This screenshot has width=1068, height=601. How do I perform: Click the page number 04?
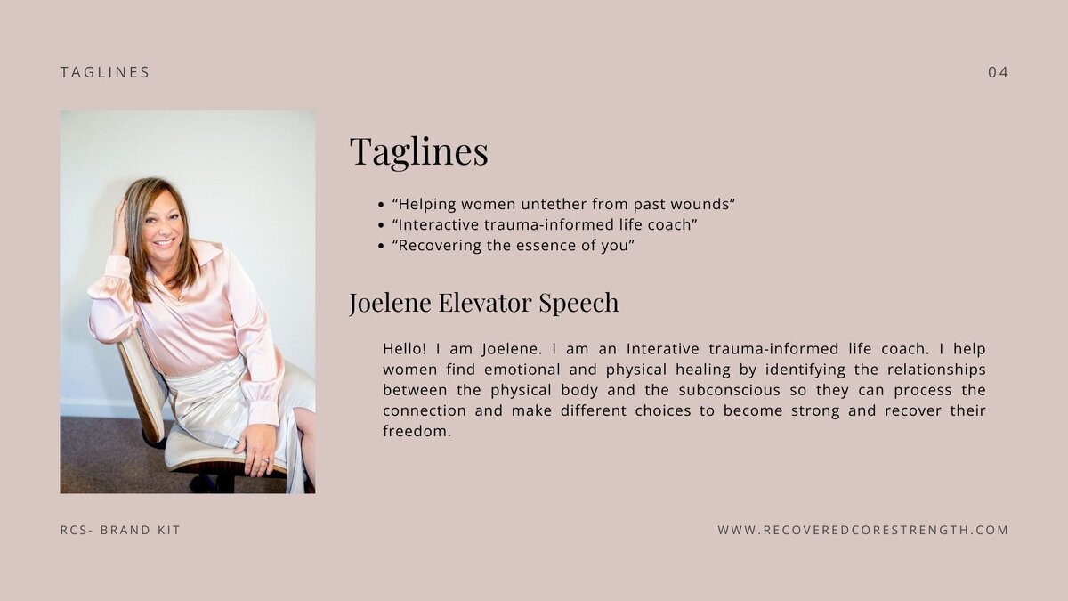tap(998, 72)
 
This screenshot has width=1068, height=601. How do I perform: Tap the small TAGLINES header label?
tap(105, 72)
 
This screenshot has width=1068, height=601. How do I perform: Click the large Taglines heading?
tap(419, 151)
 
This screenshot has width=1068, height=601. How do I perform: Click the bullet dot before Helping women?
tap(381, 205)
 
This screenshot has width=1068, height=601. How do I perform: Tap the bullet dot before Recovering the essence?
tap(381, 246)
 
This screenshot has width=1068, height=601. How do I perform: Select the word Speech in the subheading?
tap(578, 303)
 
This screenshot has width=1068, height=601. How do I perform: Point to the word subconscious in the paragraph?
tap(730, 390)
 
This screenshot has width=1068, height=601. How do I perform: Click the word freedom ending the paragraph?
tap(416, 431)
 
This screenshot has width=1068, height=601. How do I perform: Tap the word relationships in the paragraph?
tap(936, 370)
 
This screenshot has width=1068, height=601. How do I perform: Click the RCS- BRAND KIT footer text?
tap(120, 530)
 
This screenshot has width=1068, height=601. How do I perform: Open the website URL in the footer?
tap(863, 530)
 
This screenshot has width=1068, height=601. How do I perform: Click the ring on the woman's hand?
tap(265, 460)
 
